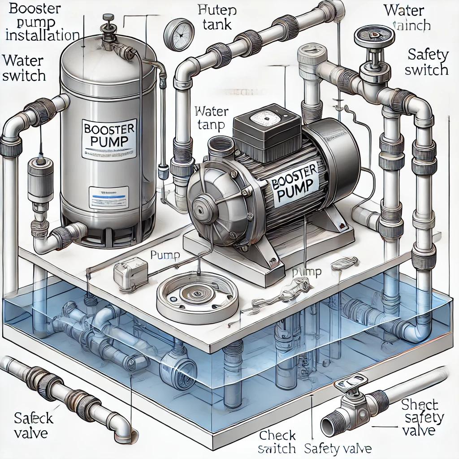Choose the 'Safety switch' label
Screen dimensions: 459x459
(428, 62)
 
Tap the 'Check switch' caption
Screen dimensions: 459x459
(277, 441)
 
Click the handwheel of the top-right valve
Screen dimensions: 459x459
(371, 36)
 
